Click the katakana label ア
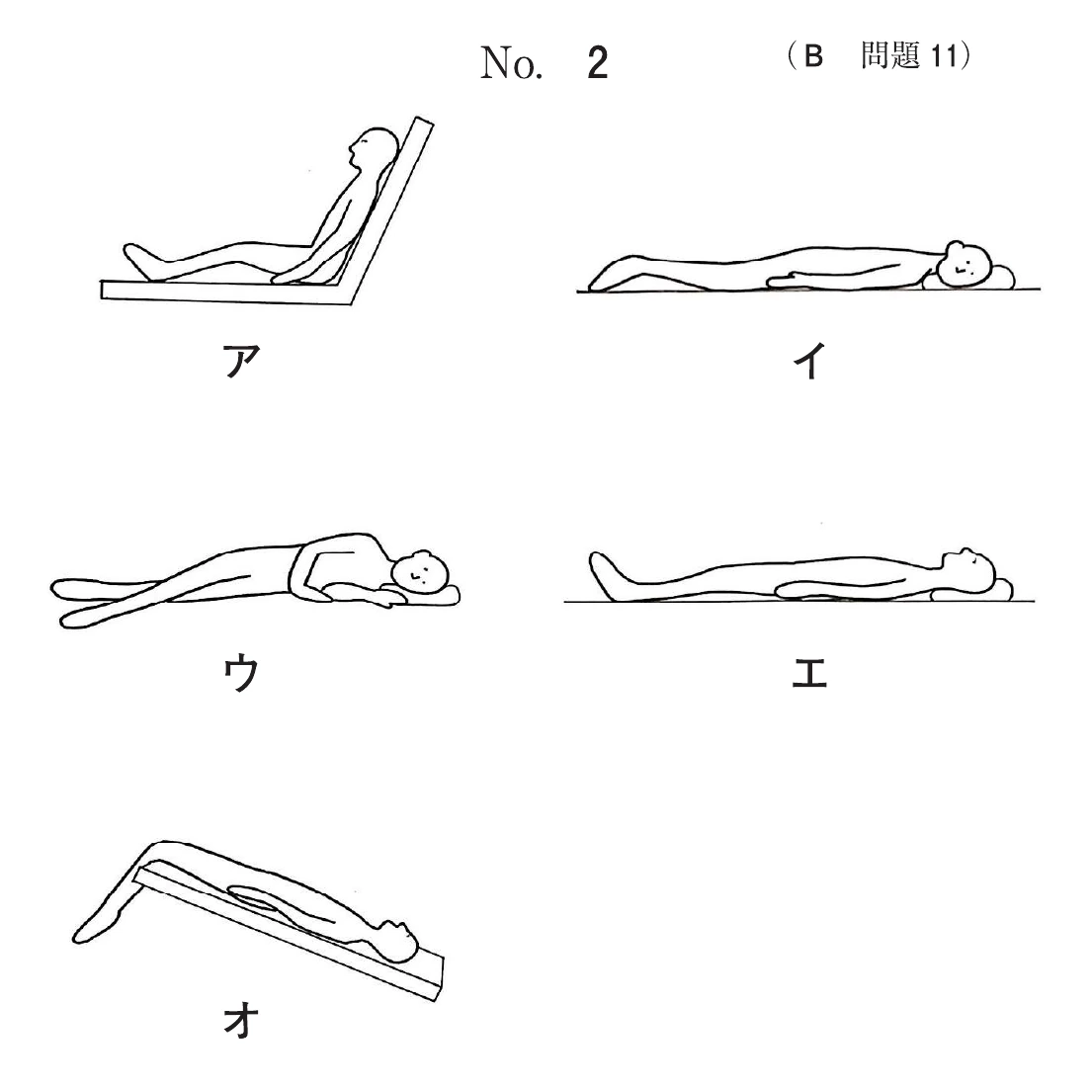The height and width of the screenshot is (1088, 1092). [x=242, y=360]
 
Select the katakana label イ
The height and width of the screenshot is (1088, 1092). [x=809, y=360]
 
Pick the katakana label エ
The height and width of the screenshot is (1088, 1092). [x=809, y=674]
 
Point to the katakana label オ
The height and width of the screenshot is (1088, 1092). [x=242, y=1021]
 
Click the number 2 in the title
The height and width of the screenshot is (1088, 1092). [x=598, y=63]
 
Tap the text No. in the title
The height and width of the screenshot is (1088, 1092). [x=511, y=63]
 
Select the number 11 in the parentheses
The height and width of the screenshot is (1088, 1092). [x=944, y=55]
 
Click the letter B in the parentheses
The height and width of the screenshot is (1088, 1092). [x=812, y=55]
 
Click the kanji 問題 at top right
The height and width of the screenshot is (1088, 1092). [x=890, y=55]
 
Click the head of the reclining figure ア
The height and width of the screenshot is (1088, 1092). [x=374, y=147]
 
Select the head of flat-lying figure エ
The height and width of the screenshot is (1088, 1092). [x=968, y=567]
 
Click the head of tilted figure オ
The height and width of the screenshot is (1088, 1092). [x=395, y=941]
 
